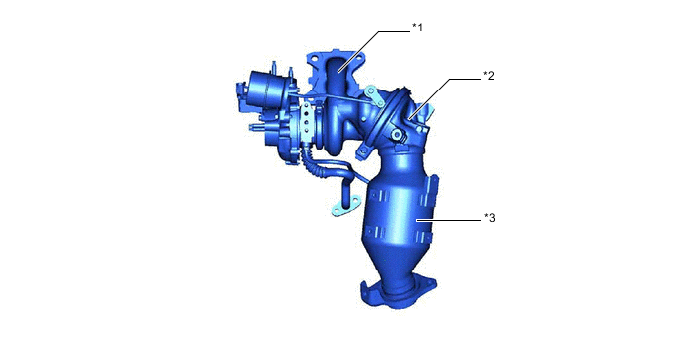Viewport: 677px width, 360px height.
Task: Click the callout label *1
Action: tap(417, 28)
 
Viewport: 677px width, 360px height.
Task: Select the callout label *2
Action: tap(489, 76)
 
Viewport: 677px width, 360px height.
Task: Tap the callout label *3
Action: tap(490, 218)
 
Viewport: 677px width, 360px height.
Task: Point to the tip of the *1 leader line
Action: tap(338, 72)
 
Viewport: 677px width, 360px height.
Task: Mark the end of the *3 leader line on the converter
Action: tap(416, 221)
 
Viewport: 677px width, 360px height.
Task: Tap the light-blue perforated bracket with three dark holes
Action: tap(307, 122)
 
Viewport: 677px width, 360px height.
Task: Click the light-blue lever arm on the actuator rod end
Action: tap(374, 96)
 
